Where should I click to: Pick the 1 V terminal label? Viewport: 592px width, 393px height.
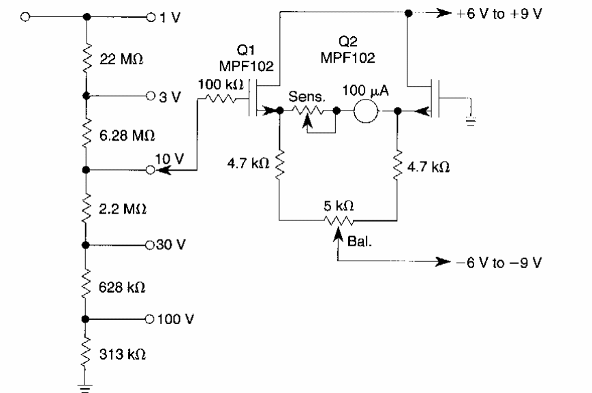[170, 17]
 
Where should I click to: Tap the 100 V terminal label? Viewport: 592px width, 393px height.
[175, 319]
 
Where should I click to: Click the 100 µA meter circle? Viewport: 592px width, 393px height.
[366, 111]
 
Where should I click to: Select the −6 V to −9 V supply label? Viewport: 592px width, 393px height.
[499, 263]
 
